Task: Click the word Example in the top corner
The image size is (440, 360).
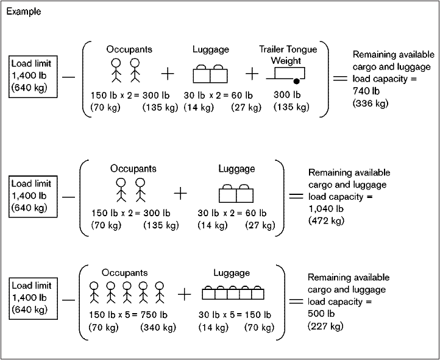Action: [x=23, y=11]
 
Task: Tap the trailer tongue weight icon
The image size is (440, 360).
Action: [x=286, y=74]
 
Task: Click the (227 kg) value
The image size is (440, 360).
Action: [x=325, y=326]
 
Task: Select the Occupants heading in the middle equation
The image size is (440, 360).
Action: [x=133, y=168]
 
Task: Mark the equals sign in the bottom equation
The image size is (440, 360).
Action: [x=295, y=300]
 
